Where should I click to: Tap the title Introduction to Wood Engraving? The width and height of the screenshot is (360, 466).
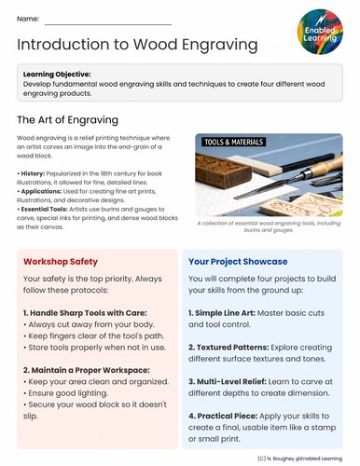pyautogui.click(x=138, y=45)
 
